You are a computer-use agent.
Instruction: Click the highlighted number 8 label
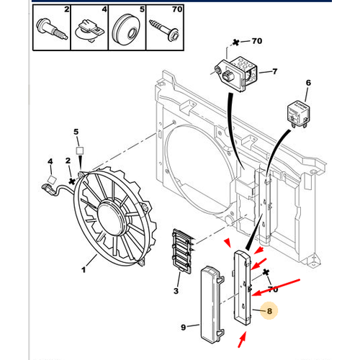269,312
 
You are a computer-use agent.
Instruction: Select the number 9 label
184,328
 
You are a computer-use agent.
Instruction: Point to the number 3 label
176,290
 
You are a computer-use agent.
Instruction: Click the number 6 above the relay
308,83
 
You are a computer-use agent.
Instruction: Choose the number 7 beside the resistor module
273,72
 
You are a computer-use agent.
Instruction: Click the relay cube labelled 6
297,110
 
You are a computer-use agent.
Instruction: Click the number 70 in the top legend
177,11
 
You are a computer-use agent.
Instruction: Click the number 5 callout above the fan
76,132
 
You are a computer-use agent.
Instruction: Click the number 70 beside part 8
272,289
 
